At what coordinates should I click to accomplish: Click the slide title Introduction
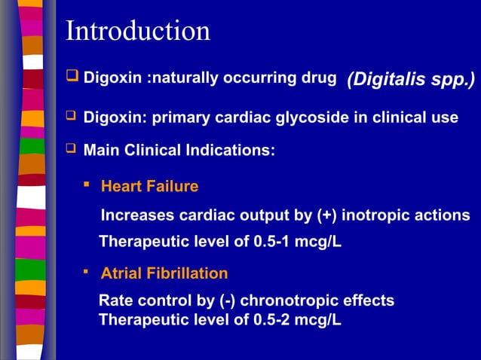(x=138, y=31)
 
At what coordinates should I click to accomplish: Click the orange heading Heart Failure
(x=149, y=186)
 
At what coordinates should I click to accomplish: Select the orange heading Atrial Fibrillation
(x=164, y=273)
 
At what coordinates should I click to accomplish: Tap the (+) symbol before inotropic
(x=326, y=215)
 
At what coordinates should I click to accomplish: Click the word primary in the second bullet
(x=164, y=117)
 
